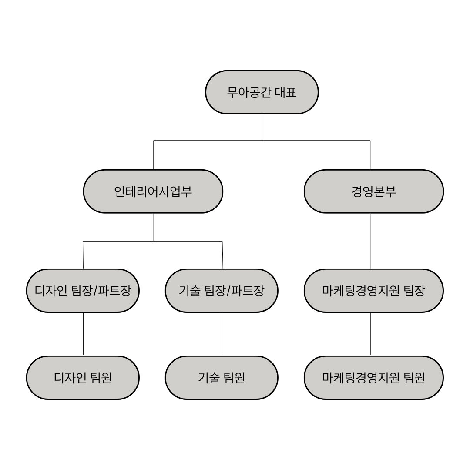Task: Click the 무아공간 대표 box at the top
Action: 262,92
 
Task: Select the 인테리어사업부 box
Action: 153,191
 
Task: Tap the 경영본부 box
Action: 373,191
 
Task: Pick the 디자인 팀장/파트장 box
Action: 83,291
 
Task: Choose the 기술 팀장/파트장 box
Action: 222,291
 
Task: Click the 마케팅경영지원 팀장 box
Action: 373,291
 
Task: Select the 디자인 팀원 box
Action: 83,378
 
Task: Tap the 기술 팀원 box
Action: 222,378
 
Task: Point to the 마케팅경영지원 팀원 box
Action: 373,378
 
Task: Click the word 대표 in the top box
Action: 286,92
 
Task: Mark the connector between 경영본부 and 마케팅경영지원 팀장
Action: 370,241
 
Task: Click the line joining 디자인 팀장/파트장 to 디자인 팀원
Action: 83,334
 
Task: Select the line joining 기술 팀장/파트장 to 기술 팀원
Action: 222,334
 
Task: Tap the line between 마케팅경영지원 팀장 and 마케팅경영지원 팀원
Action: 371,334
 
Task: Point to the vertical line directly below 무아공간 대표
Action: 262,127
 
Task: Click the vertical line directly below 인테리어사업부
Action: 153,227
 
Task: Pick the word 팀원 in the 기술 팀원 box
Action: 234,378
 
